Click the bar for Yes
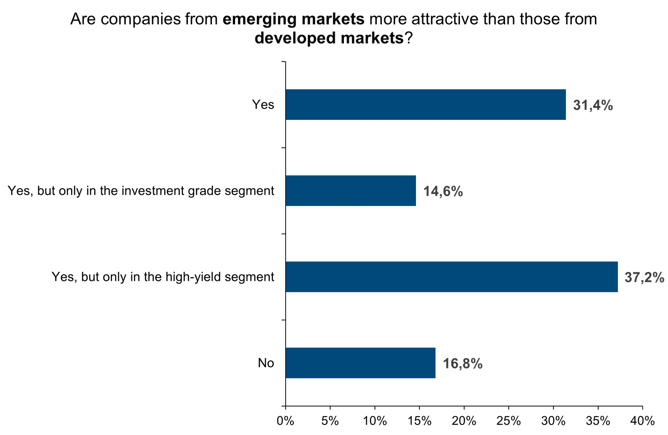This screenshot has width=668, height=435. (426, 105)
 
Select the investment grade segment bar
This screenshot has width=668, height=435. (350, 191)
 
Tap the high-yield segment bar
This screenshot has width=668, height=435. (452, 277)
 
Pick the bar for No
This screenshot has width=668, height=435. (360, 363)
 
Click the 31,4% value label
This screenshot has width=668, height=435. (593, 105)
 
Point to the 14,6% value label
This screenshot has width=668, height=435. (443, 191)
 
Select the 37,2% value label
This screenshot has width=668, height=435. (644, 277)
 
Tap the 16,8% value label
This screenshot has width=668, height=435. (463, 364)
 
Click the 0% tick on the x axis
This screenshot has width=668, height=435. (285, 421)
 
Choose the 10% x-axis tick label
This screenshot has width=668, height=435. (375, 421)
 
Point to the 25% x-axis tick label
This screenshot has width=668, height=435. (509, 421)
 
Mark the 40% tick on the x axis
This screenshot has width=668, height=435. (642, 421)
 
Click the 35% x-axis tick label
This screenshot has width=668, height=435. (598, 421)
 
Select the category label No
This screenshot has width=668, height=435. (266, 363)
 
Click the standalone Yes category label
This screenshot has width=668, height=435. (263, 105)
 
